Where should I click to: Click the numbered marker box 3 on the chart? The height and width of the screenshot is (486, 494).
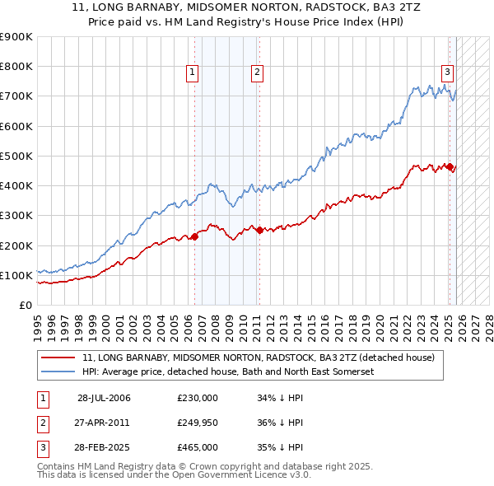pyautogui.click(x=447, y=71)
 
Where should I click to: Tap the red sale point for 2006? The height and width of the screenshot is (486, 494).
pyautogui.click(x=195, y=237)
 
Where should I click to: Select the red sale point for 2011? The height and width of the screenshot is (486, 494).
pyautogui.click(x=259, y=231)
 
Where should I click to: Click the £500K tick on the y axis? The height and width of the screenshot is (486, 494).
pyautogui.click(x=16, y=156)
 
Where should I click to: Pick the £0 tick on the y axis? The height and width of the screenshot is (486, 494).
pyautogui.click(x=25, y=305)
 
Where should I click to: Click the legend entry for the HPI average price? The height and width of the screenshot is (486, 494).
pyautogui.click(x=228, y=372)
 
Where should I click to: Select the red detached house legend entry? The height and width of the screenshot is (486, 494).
pyautogui.click(x=263, y=357)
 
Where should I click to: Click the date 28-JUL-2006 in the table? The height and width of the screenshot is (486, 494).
pyautogui.click(x=104, y=398)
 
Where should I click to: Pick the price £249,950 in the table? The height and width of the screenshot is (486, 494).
pyautogui.click(x=198, y=423)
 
